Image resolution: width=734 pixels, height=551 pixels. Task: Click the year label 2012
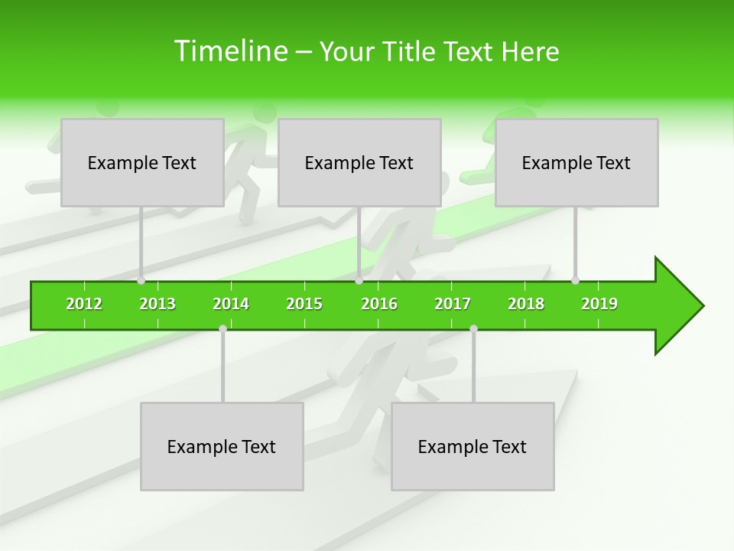[84, 304]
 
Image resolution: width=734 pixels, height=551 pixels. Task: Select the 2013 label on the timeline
[158, 304]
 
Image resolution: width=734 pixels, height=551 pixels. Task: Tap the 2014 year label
[231, 304]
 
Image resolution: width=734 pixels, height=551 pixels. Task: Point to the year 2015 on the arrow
[304, 304]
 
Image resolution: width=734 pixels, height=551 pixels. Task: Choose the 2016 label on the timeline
[379, 304]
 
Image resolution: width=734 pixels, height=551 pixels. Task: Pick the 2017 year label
[453, 304]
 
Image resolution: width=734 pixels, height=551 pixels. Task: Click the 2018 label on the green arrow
[526, 304]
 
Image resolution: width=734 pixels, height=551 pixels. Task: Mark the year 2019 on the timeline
[599, 304]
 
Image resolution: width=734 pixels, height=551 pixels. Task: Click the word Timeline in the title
[229, 51]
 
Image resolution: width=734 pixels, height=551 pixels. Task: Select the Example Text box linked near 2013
[142, 162]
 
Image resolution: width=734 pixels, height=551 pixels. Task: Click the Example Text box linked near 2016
[359, 162]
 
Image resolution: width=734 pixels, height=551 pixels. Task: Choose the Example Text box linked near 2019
[576, 162]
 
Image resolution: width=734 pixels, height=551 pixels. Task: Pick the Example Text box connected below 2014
[222, 446]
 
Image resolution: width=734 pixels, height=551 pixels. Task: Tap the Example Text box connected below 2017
[473, 446]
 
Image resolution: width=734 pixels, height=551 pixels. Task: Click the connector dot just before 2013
[141, 281]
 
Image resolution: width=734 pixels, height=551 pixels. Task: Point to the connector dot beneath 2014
[222, 329]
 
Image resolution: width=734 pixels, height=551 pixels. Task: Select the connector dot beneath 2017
[473, 329]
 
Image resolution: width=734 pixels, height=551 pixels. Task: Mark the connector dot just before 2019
[576, 281]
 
